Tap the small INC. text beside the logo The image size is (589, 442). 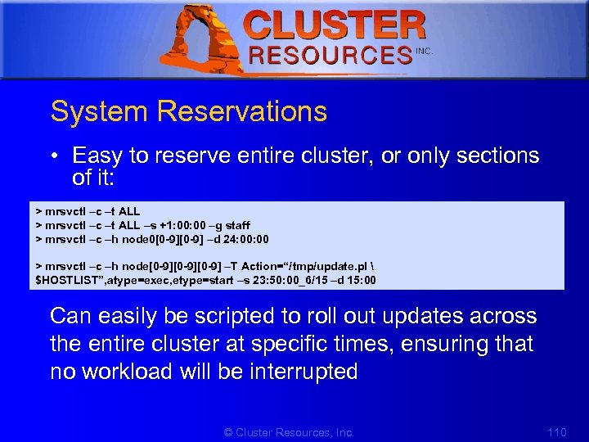pos(424,52)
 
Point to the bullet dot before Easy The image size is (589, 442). pos(56,156)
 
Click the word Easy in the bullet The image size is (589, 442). pos(98,156)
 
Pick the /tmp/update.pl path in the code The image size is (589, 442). pos(323,266)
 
